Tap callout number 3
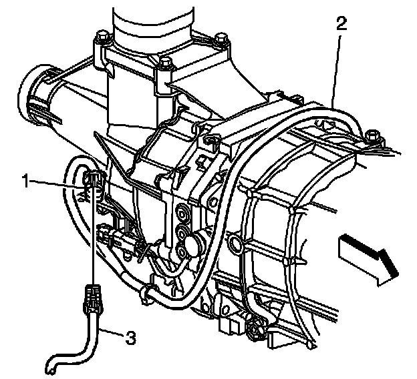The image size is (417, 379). pyautogui.click(x=131, y=338)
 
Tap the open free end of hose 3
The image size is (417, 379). pyautogui.click(x=51, y=367)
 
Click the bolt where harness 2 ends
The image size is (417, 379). pyautogui.click(x=373, y=139)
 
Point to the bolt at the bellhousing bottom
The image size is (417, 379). pyautogui.click(x=255, y=329)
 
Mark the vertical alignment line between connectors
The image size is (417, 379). pyautogui.click(x=92, y=240)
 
